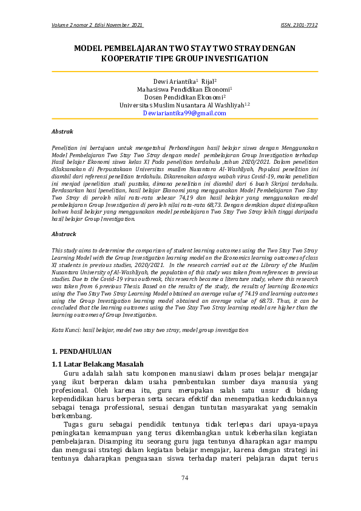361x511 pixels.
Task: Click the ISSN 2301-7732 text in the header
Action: [x=299, y=25]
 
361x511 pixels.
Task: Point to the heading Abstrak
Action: [x=62, y=131]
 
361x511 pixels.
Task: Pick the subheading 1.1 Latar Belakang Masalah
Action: [x=98, y=364]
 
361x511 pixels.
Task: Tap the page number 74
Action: [x=185, y=478]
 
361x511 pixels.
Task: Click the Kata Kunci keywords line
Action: [x=150, y=330]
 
